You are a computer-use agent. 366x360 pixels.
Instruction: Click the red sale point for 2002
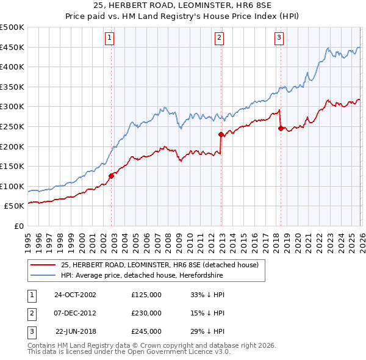click(112, 176)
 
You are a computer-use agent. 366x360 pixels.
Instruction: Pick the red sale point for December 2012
click(220, 134)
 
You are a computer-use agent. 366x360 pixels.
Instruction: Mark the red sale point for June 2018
click(281, 128)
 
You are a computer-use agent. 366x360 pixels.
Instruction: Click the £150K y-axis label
click(12, 166)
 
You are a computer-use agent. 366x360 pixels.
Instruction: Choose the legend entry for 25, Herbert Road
click(160, 265)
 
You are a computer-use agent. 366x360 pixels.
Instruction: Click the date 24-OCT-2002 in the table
click(74, 295)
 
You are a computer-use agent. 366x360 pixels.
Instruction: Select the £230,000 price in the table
click(146, 313)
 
